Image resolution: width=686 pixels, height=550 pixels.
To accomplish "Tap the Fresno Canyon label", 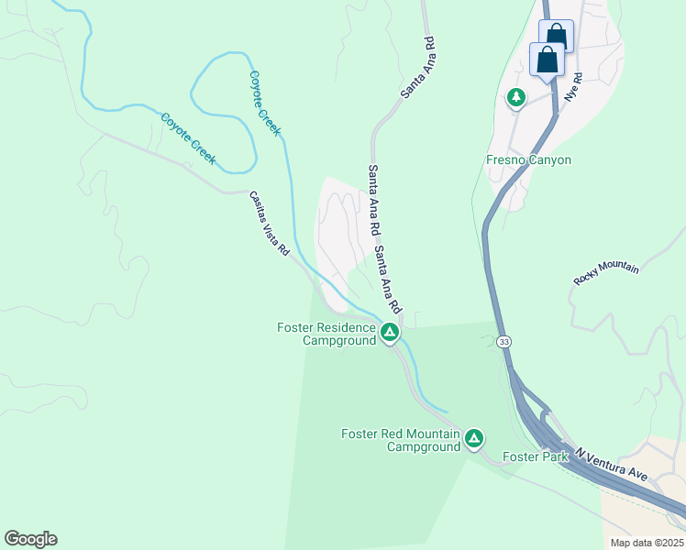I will point(528,160).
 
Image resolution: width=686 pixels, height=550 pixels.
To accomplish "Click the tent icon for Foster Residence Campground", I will point(390,332).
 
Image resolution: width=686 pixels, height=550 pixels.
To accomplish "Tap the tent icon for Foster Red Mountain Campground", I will point(474,438).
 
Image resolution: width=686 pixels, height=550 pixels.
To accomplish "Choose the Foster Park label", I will point(529,456).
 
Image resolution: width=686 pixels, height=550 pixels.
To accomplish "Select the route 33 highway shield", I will point(503,342).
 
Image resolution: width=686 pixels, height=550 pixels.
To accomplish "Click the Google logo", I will point(30,539).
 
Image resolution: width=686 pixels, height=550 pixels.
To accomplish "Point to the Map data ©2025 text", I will point(647,543).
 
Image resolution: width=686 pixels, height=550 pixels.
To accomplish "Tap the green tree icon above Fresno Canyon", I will point(516,96).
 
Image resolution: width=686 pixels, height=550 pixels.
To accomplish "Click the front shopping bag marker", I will point(548,60).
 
